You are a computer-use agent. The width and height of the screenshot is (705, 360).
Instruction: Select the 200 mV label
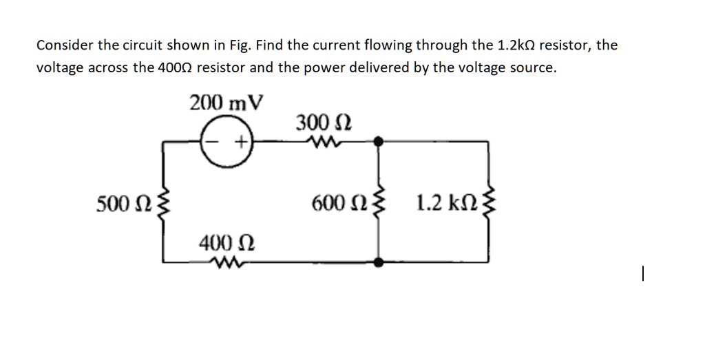(227, 103)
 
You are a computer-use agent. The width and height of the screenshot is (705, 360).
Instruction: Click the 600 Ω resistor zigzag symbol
(377, 204)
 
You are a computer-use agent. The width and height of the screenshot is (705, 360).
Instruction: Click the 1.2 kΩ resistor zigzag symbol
(490, 204)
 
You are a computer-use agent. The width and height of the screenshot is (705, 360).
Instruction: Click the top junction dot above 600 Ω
(377, 141)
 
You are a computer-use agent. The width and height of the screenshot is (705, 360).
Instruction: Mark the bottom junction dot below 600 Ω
(377, 262)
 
